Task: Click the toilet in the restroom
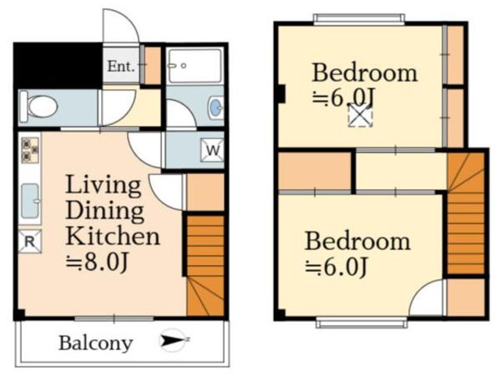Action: coord(39,106)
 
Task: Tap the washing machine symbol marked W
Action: coord(212,150)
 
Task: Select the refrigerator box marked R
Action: coord(30,242)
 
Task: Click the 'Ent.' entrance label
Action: coord(121,66)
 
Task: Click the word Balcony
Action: coord(96,344)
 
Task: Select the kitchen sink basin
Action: coord(30,201)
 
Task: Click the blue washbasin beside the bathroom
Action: coord(216,108)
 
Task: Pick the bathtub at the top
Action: coord(195,66)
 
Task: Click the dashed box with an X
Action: coord(360,116)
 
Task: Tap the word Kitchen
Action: coord(113,236)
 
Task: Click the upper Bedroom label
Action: coord(365,73)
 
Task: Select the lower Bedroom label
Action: coord(358,242)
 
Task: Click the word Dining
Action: coord(106,210)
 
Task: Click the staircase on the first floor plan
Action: coord(205,266)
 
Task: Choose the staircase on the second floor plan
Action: coord(466,213)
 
